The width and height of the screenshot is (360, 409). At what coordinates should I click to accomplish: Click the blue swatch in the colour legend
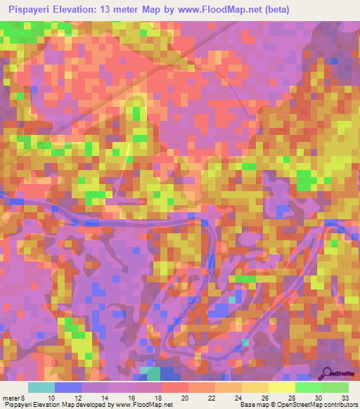point(67,388)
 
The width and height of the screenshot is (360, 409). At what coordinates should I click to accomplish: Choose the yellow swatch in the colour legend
point(281,388)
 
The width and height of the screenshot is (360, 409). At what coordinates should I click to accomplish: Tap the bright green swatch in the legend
point(308,388)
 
